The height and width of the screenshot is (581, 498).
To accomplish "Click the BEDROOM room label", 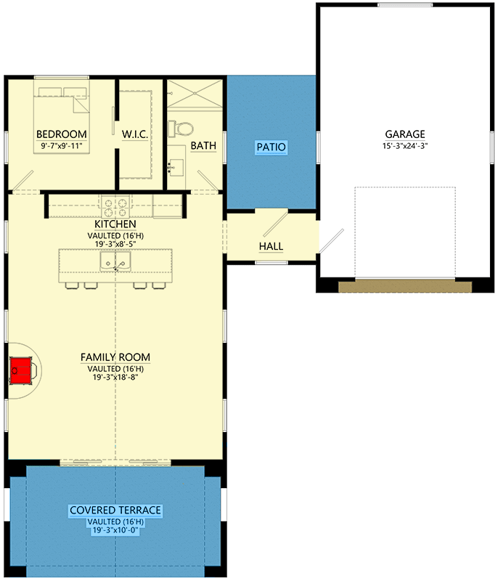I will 62,134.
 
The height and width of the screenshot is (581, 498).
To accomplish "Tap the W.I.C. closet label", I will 136,134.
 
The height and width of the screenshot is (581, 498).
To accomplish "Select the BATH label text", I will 203,146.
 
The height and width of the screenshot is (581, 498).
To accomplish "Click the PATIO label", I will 272,147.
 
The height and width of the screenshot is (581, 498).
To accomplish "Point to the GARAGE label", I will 404,134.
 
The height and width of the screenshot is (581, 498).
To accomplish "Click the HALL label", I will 271,246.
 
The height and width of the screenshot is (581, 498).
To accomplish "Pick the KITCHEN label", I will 115,225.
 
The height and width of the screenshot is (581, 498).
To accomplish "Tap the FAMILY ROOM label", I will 115,357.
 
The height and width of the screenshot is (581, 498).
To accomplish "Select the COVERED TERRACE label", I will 115,511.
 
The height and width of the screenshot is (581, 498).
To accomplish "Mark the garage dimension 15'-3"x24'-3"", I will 404,146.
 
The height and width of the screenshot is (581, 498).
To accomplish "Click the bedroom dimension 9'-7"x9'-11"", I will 62,146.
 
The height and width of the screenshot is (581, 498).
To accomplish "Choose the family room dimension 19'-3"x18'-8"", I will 115,377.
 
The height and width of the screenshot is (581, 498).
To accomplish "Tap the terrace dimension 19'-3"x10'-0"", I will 115,531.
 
